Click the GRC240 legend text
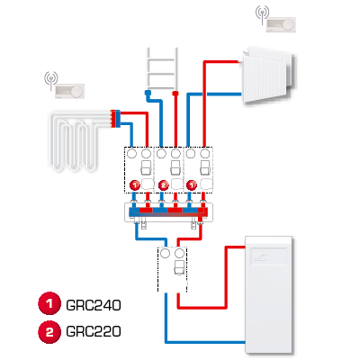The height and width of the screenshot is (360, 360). (x=94, y=305)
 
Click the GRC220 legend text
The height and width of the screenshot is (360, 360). (x=94, y=331)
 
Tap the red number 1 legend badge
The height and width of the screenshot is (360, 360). (x=49, y=303)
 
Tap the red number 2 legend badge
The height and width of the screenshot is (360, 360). (x=49, y=332)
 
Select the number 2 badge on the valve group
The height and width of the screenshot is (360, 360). (x=164, y=185)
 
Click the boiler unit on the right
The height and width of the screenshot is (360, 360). (x=269, y=294)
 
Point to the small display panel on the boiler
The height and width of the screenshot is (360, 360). (x=268, y=256)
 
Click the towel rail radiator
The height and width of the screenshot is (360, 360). (x=161, y=68)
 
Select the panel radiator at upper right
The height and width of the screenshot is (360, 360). (x=268, y=75)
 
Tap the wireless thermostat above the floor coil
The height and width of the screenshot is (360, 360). (x=69, y=91)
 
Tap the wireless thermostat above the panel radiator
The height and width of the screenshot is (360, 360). (x=281, y=24)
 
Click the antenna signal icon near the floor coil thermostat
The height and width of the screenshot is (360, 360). (x=51, y=80)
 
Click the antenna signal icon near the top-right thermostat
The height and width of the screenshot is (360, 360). (x=262, y=14)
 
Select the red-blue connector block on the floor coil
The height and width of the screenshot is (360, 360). (x=115, y=119)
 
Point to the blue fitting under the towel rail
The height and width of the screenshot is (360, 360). (x=148, y=94)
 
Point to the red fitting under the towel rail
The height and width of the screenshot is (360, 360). (x=175, y=94)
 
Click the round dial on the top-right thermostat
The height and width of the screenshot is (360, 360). (x=289, y=24)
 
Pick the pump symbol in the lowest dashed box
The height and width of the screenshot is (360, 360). (x=179, y=267)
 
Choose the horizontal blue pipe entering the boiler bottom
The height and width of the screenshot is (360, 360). (x=205, y=342)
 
